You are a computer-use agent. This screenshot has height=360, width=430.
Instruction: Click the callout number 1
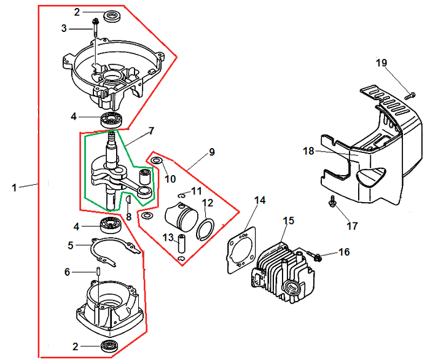click(14, 187)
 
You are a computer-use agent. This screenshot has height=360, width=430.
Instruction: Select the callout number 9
click(211, 151)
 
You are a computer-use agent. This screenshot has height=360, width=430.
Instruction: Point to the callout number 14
click(260, 200)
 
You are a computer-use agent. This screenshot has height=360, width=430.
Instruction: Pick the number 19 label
click(381, 62)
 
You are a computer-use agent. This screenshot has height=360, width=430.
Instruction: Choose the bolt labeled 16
click(317, 254)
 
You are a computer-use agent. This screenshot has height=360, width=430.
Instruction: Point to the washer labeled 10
click(157, 161)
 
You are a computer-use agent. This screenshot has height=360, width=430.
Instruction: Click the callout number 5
click(71, 246)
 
